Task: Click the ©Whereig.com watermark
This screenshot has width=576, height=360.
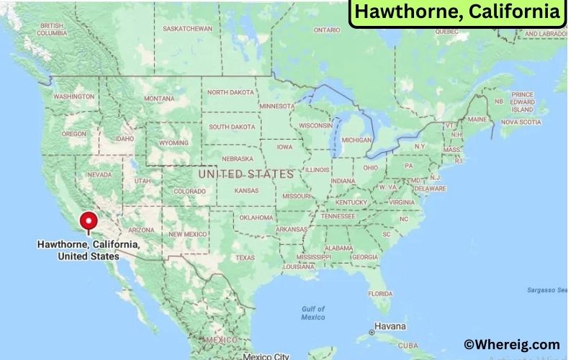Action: [x=512, y=345]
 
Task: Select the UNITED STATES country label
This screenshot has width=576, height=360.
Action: [x=246, y=174]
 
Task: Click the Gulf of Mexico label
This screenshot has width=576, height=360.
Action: [x=313, y=313]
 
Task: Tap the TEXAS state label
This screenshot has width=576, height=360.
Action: [x=245, y=258]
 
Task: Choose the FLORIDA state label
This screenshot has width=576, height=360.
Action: [x=380, y=294]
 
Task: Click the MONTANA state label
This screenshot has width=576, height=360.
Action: [x=159, y=99]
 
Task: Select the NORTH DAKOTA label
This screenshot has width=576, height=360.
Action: [x=231, y=92]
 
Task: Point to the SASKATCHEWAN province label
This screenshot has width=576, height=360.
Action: [x=188, y=29]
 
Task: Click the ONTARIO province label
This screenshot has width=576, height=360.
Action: [x=327, y=30]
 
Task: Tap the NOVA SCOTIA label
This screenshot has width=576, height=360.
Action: [x=521, y=122]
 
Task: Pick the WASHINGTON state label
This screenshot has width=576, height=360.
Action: [x=74, y=96]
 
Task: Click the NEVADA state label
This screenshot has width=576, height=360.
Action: [x=99, y=175]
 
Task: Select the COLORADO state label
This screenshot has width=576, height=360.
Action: [x=189, y=192]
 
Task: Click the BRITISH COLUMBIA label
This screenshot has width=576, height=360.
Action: [x=53, y=30]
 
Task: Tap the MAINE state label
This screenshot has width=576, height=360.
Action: [x=477, y=119]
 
